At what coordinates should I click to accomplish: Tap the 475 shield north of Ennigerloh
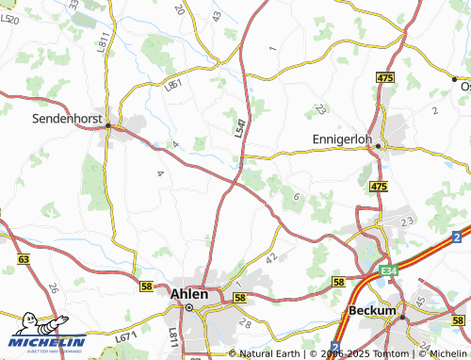383,76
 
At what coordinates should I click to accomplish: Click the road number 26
53,289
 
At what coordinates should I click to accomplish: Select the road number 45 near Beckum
418,303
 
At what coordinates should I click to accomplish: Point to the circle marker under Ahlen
188,307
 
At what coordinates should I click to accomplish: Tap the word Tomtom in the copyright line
356,353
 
